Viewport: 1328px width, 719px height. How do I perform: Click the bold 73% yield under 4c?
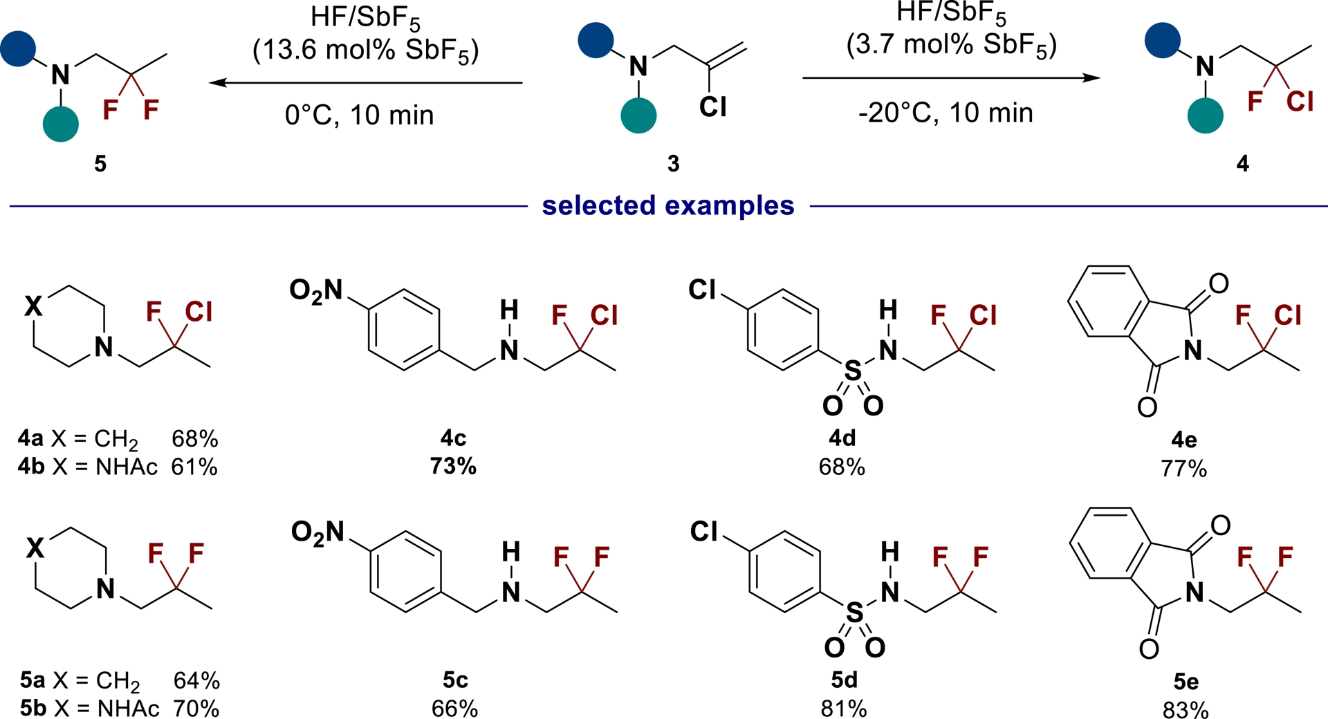453,467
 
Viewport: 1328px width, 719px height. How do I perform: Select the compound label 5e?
1186,682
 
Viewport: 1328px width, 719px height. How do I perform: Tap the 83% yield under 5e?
1186,709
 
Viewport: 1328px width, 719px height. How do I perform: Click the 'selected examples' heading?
668,205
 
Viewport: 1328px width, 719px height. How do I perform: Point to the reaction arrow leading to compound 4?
950,78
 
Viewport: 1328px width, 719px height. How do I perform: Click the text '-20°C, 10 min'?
946,113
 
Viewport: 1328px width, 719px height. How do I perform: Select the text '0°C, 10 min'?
359,115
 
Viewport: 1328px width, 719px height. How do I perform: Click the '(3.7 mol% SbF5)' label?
951,46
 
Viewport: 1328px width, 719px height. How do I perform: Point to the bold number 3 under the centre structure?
673,164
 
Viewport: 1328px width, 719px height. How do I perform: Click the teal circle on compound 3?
638,115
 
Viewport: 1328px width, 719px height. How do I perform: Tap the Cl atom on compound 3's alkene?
712,107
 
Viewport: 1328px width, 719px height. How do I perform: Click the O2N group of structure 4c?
316,291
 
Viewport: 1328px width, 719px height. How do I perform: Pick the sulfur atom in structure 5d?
855,613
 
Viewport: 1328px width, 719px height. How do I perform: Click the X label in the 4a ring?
33,305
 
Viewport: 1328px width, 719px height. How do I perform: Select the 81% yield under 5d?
844,709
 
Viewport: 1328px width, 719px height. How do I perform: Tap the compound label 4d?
842,438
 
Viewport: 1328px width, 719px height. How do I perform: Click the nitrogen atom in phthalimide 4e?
1192,351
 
